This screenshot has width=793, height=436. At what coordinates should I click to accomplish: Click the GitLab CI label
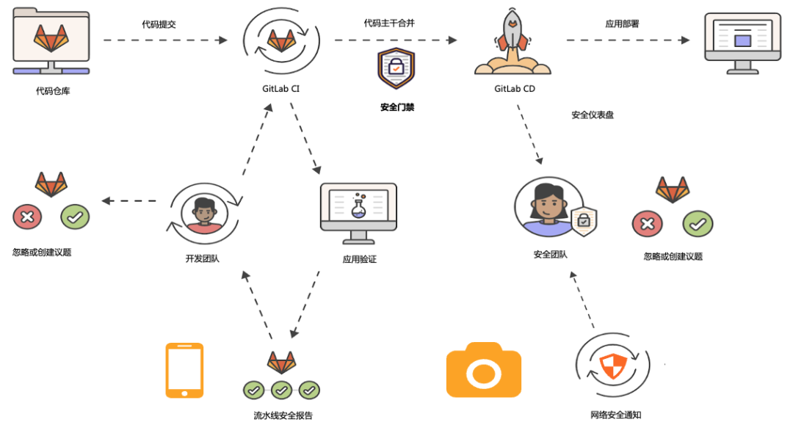[280, 89]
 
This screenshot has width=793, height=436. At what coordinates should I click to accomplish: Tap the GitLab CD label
[514, 89]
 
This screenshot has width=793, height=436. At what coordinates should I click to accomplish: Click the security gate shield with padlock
[396, 68]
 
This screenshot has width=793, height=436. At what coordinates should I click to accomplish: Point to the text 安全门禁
[397, 107]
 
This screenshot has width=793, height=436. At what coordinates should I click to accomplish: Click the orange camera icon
[483, 370]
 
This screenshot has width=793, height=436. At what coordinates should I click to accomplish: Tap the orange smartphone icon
[184, 371]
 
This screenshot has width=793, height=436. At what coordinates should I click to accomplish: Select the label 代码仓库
[53, 91]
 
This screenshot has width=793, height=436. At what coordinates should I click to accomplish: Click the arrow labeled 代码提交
[165, 40]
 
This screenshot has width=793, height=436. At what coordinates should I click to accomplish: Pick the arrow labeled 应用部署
[628, 40]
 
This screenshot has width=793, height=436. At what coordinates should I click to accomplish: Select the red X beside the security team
[648, 224]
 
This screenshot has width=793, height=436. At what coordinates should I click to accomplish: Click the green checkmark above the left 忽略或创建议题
[75, 217]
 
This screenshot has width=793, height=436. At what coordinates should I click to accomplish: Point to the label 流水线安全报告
[283, 415]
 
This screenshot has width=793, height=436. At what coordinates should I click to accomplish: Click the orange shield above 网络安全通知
[612, 366]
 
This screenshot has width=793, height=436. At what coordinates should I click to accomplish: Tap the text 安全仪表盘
[593, 115]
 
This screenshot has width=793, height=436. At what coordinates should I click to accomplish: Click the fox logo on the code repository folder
[51, 38]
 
